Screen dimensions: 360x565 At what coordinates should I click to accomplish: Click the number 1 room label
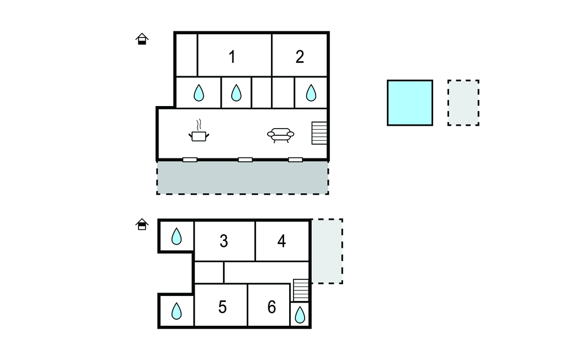click(x=232, y=57)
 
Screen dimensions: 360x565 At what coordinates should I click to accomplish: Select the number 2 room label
click(x=300, y=57)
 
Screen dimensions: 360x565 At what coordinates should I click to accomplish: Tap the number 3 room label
click(x=223, y=241)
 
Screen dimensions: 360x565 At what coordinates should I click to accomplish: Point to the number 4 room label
click(x=281, y=241)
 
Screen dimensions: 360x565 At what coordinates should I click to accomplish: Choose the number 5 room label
click(x=222, y=307)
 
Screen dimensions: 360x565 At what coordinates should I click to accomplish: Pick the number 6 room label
click(x=271, y=307)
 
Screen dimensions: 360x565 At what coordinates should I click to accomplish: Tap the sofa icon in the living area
click(x=280, y=135)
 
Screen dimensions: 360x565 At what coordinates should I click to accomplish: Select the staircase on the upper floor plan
click(x=319, y=133)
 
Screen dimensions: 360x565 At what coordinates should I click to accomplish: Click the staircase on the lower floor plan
click(x=301, y=290)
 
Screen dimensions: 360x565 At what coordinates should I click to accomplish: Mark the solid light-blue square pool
click(x=409, y=103)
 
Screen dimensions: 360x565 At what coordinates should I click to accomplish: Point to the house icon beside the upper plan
click(x=142, y=39)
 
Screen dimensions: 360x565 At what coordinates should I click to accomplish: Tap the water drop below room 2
click(x=311, y=93)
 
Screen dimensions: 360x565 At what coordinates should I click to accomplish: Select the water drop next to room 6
click(x=300, y=315)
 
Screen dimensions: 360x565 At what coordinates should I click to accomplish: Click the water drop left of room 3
click(x=176, y=237)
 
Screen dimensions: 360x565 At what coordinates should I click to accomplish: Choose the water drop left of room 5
click(x=176, y=311)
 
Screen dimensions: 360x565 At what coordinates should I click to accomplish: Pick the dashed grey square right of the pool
click(x=463, y=103)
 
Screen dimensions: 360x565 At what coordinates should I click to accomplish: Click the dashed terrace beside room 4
click(x=327, y=251)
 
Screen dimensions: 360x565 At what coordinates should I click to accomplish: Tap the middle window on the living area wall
click(x=245, y=160)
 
